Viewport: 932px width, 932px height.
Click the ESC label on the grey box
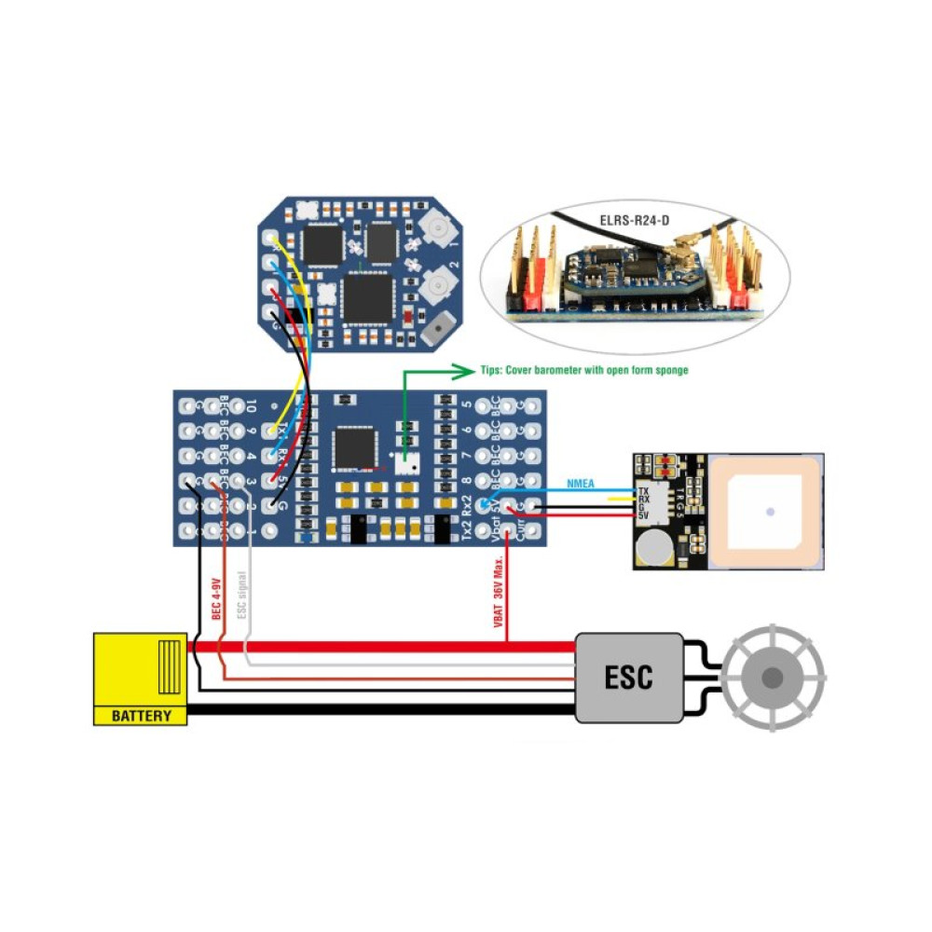point(628,677)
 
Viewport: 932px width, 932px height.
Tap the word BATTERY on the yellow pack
point(142,716)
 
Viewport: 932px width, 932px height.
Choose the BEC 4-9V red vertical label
point(216,598)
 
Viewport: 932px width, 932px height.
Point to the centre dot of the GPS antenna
point(770,511)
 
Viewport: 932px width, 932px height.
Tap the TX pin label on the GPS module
point(643,491)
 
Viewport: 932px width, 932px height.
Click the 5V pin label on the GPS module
point(643,516)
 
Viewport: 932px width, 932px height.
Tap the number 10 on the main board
point(251,407)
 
